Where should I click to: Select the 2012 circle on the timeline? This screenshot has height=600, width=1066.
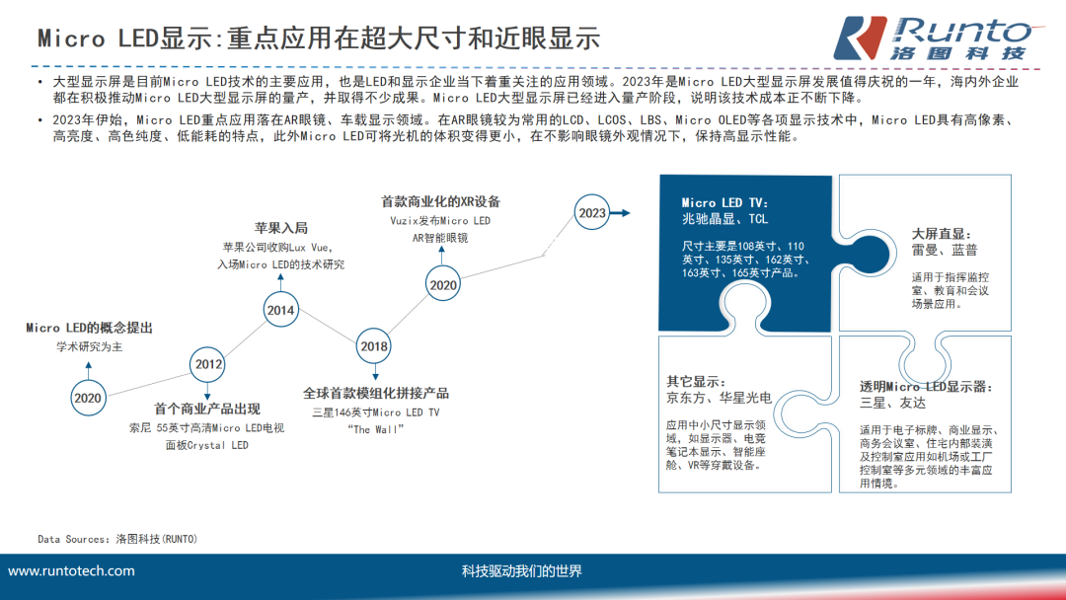[208, 364]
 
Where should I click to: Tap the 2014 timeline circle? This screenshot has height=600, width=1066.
[280, 310]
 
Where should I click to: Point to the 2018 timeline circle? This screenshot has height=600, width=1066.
[374, 346]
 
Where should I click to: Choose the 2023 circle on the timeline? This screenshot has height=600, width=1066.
[592, 213]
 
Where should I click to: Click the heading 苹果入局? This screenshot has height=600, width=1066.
[281, 227]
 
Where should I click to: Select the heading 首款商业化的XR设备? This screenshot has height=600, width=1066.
[440, 201]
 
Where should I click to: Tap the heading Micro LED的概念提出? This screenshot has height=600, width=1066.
[89, 328]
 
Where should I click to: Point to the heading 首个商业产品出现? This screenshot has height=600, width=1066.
[207, 409]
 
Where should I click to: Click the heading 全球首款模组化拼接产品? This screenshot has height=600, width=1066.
[376, 393]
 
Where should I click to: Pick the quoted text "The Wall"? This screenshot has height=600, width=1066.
[376, 429]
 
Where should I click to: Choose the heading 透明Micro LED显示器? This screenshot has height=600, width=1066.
[925, 386]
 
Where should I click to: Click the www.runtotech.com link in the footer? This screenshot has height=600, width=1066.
[71, 571]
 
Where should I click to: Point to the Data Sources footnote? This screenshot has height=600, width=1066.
[117, 539]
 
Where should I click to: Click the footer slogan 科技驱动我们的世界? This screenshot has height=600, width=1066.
[521, 571]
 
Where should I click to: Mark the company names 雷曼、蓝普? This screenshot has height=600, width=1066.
[945, 251]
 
